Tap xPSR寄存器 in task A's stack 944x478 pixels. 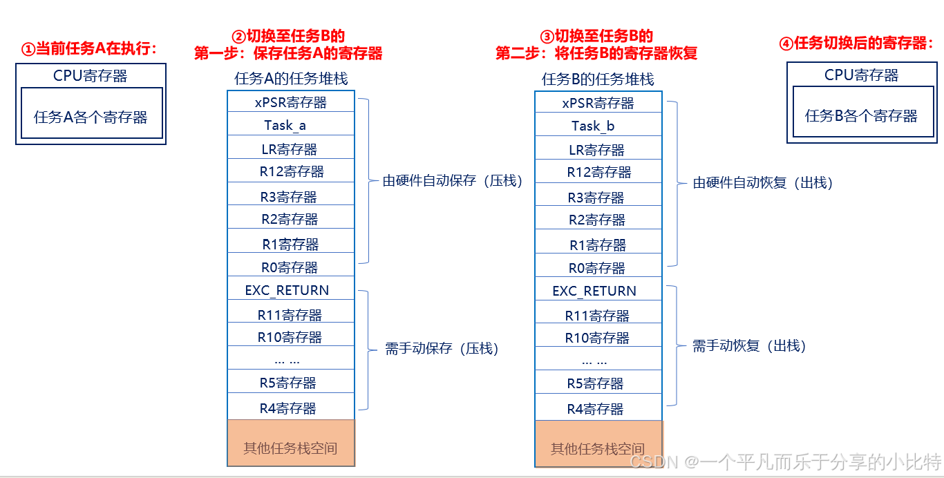tap(290, 102)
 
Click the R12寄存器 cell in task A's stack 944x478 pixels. tap(290, 171)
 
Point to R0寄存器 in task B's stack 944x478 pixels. tap(598, 268)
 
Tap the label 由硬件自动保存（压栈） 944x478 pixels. tap(453, 181)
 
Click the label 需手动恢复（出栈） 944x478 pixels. tap(749, 346)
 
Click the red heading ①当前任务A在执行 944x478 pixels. tap(90, 49)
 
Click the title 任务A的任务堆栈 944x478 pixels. tap(291, 79)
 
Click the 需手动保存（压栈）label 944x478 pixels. tap(442, 349)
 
